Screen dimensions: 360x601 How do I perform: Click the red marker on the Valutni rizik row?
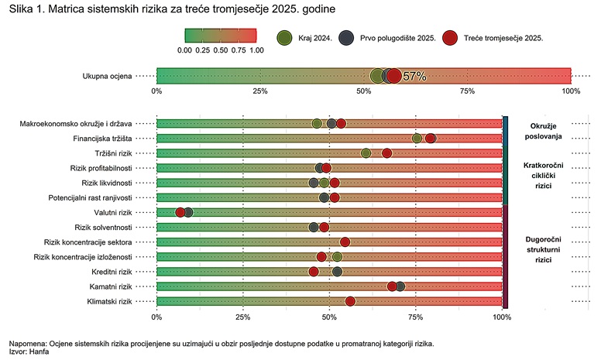(x=180, y=212)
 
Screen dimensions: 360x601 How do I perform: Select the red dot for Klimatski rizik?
(x=350, y=301)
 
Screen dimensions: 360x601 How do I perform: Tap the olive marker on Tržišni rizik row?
(x=366, y=153)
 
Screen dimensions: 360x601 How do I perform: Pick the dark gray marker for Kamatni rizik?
(x=400, y=286)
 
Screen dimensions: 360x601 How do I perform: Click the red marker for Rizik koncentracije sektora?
(x=345, y=242)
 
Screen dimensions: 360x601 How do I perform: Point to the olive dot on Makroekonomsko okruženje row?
(x=317, y=124)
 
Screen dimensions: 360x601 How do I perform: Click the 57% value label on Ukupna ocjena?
(x=415, y=76)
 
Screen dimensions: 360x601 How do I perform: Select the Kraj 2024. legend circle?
(x=284, y=37)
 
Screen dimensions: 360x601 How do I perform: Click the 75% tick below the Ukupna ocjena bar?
(x=467, y=91)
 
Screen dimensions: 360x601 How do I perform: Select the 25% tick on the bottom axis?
(x=243, y=317)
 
